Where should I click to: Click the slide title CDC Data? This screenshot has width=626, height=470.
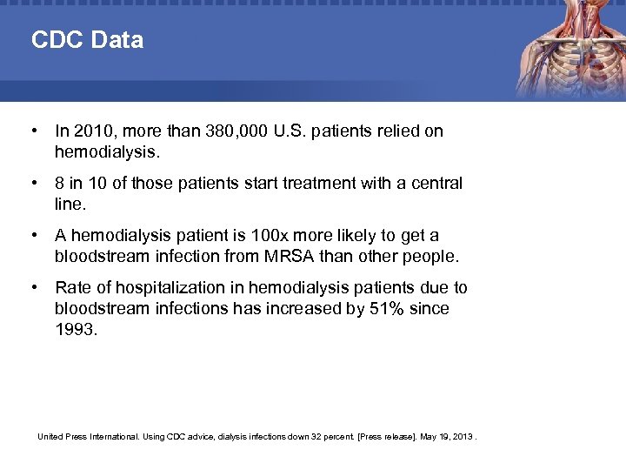(87, 40)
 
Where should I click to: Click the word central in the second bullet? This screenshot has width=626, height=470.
(434, 184)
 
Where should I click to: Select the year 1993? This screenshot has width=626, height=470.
(77, 330)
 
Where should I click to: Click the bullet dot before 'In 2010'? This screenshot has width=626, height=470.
(32, 131)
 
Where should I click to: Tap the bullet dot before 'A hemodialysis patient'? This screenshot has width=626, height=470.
(32, 236)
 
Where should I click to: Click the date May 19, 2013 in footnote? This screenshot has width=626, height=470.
(450, 435)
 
